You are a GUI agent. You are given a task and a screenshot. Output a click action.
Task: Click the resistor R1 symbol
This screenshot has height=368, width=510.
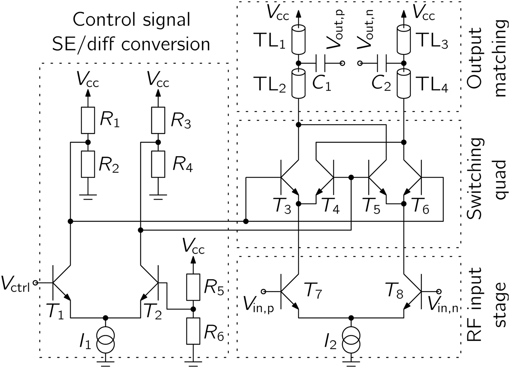pyautogui.click(x=87, y=120)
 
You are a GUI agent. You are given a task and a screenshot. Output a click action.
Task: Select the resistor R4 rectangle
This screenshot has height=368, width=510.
pyautogui.click(x=158, y=164)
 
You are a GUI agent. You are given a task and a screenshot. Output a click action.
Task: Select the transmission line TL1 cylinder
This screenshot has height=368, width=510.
pyautogui.click(x=298, y=39)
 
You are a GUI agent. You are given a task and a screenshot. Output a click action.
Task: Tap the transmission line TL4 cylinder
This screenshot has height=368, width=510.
pyautogui.click(x=404, y=85)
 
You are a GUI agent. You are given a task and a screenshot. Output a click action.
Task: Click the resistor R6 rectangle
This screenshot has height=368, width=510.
pyautogui.click(x=193, y=331)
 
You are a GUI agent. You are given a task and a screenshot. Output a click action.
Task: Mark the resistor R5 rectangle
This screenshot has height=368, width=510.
pyautogui.click(x=193, y=287)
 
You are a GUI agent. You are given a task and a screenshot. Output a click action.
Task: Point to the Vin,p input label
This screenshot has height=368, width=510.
pyautogui.click(x=260, y=302)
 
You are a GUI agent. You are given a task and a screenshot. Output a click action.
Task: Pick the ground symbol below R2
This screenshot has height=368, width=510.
pyautogui.click(x=87, y=197)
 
